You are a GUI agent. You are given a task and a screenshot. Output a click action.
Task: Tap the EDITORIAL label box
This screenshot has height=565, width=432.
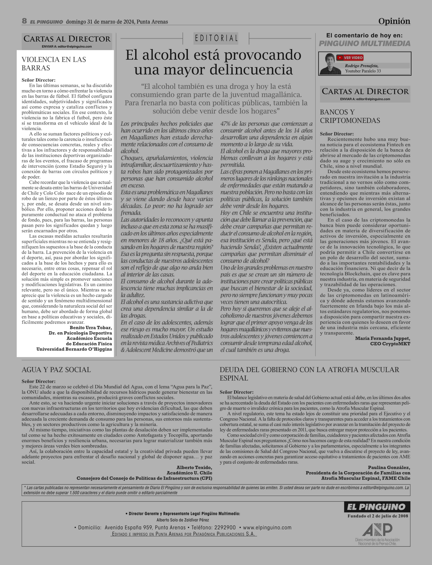click(216, 38)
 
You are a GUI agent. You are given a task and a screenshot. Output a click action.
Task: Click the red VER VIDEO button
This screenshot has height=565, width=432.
click(350, 58)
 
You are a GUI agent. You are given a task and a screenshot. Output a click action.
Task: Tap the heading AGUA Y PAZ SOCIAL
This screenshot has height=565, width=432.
click(56, 370)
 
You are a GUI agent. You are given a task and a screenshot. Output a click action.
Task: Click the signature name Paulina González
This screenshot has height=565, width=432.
click(389, 467)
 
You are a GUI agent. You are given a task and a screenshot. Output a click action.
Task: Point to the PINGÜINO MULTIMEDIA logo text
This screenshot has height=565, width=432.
click(364, 43)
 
